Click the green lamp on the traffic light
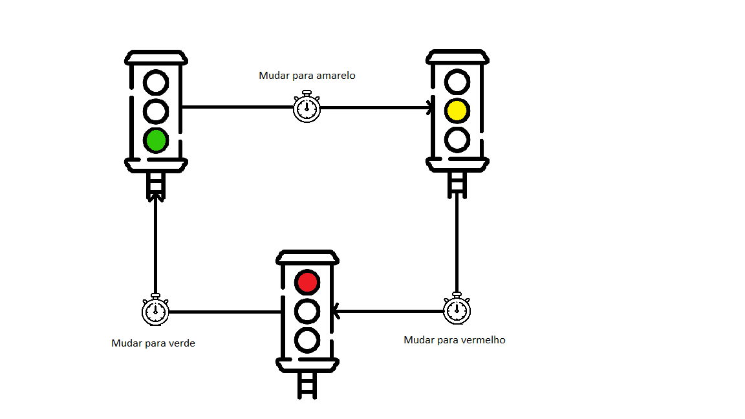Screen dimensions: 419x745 (156, 140)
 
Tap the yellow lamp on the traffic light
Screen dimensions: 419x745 (457, 111)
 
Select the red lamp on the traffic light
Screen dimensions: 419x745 (307, 282)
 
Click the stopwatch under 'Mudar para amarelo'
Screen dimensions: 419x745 (307, 107)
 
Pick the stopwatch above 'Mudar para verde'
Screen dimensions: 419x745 (155, 311)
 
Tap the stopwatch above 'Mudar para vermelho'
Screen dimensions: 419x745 (457, 310)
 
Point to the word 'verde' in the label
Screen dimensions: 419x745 (182, 343)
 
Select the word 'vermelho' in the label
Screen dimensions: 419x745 (482, 340)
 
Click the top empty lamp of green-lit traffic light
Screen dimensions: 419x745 (156, 83)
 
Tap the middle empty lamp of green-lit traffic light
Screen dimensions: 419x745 (156, 111)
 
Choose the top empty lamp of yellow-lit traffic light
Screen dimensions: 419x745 (457, 82)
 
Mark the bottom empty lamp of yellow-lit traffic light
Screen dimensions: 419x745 (457, 139)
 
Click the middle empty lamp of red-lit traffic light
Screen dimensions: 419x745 (307, 311)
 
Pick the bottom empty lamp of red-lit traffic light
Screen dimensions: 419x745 (307, 339)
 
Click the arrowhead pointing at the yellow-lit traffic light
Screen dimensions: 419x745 (430, 107)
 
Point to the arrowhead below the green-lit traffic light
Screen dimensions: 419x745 (156, 195)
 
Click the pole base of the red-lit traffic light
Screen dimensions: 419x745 (307, 387)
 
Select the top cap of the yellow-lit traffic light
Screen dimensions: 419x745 (457, 58)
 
